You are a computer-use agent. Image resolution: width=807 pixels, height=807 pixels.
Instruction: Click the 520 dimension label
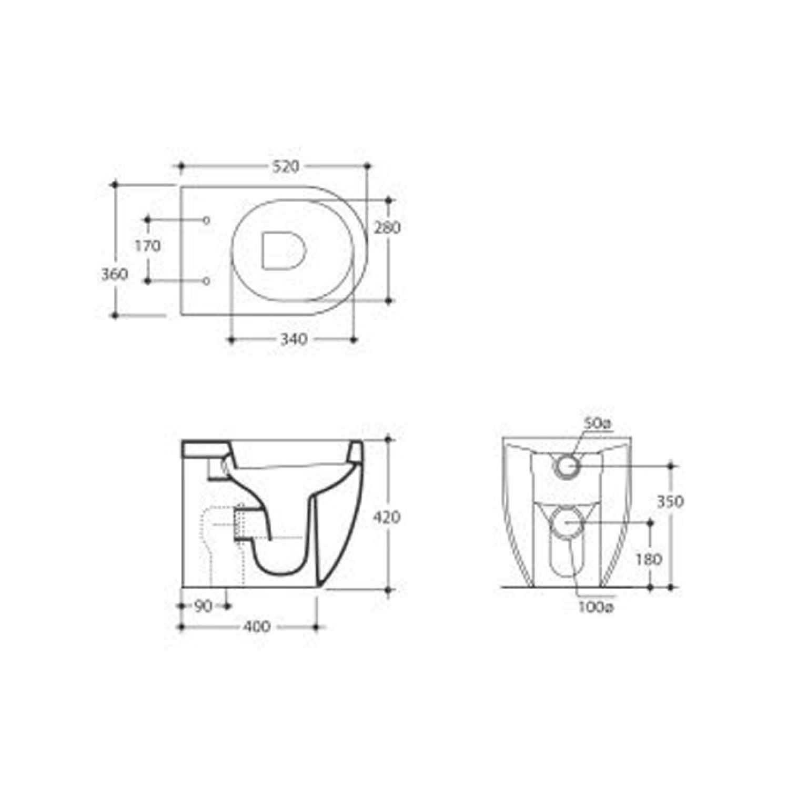286,166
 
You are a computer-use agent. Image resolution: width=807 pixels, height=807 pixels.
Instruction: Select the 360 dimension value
115,274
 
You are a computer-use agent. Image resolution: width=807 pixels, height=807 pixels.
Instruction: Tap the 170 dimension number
148,246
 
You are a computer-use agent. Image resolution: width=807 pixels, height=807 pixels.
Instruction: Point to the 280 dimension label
388,228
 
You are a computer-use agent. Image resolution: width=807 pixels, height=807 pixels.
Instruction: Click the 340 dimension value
293,340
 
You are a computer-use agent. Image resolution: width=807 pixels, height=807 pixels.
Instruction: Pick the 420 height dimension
387,517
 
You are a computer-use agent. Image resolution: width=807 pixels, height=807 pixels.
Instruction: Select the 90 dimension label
203,606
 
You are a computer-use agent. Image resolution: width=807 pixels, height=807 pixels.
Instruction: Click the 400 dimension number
257,627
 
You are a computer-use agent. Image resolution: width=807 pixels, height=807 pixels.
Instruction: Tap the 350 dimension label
670,501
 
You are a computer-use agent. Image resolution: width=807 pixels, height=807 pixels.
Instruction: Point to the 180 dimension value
649,559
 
